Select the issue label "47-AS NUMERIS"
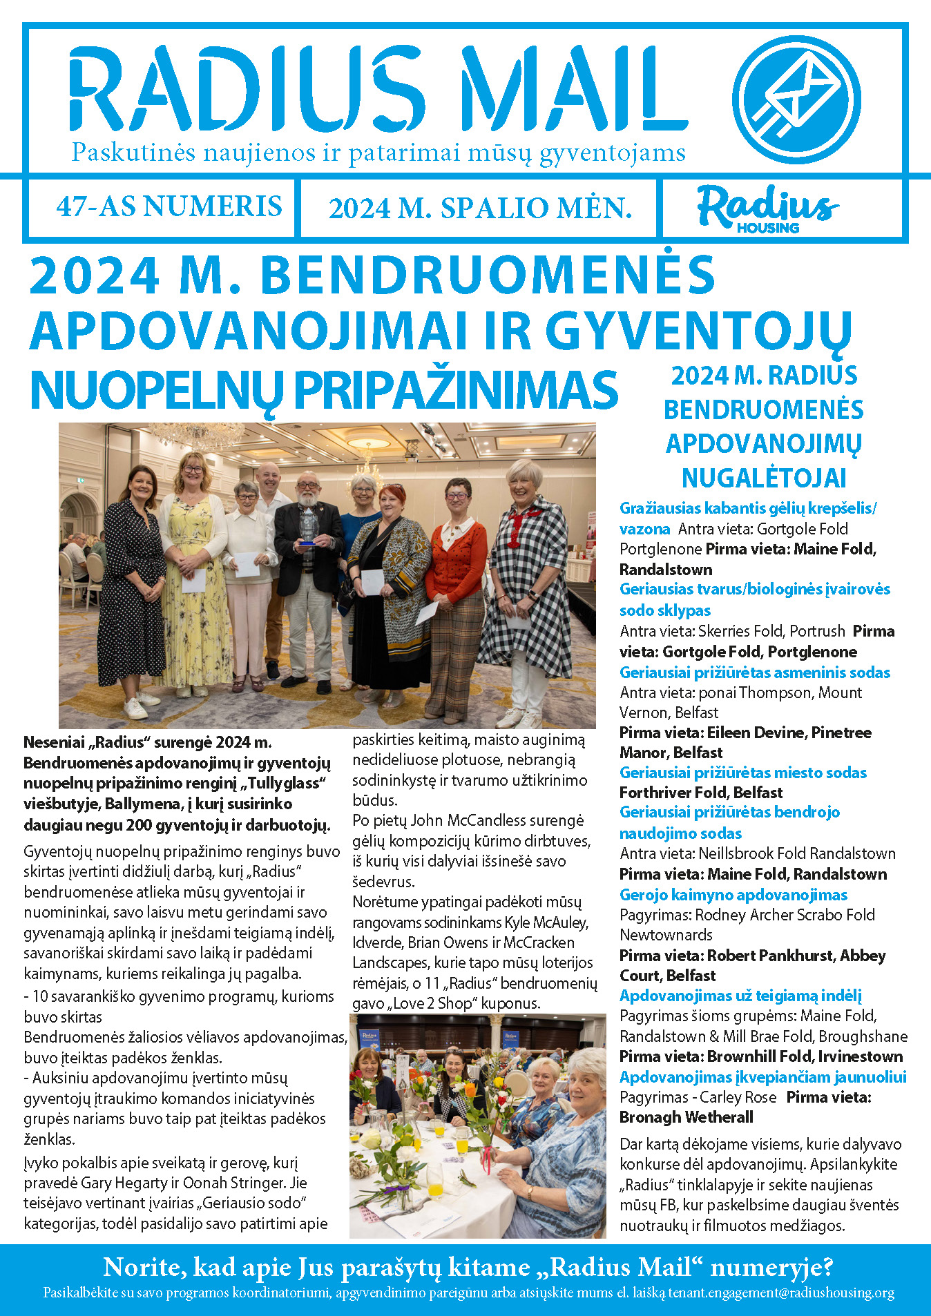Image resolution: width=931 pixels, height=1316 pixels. (169, 206)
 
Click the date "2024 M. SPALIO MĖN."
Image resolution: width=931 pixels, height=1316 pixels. (480, 208)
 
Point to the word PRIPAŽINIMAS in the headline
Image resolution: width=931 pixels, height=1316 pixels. (456, 391)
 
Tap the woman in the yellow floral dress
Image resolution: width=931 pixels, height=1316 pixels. (193, 573)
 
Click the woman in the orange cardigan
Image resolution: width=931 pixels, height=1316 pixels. (455, 594)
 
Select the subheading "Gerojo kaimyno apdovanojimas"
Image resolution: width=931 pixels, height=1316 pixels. (733, 895)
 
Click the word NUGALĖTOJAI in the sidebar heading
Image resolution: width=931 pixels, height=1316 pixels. (763, 478)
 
